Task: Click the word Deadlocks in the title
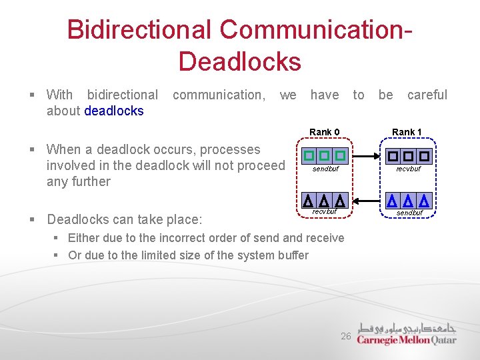coord(239,61)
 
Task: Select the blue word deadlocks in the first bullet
coord(114,111)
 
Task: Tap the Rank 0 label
coord(325,132)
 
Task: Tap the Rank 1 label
coord(407,132)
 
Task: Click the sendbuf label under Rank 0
coord(325,169)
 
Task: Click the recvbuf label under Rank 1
coord(408,169)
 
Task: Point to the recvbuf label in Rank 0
coord(325,212)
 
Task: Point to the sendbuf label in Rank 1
coord(409,213)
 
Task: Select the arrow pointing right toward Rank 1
coord(366,157)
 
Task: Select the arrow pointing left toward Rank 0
coord(366,199)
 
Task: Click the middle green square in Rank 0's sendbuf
coord(325,156)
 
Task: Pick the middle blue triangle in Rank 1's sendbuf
coord(407,200)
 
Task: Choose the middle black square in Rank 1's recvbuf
coord(407,157)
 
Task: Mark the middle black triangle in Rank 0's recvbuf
coord(324,200)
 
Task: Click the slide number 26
coord(346,337)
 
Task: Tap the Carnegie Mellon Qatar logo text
coord(407,339)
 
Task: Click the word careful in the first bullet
coord(427,95)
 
